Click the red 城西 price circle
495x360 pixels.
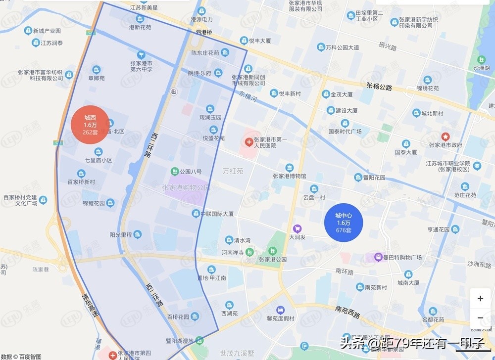tap(90, 125)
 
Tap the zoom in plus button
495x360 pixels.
tap(480, 299)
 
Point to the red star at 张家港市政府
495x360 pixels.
tap(445, 136)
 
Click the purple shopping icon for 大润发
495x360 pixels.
tap(297, 228)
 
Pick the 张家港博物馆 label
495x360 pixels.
tap(290, 176)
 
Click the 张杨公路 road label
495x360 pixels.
tap(379, 87)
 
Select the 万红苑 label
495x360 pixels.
tap(233, 171)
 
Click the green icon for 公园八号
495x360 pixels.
tap(175, 171)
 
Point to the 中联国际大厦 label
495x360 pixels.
tap(217, 214)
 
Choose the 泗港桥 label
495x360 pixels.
tap(203, 32)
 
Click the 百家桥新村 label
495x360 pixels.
tap(81, 182)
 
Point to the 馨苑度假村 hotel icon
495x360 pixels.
tap(281, 310)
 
